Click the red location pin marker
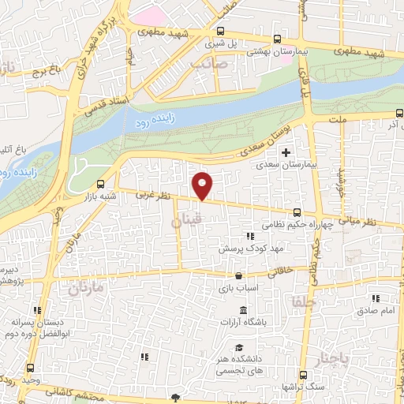click(204, 185)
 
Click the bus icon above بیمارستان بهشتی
click(275, 39)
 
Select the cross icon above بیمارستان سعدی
click(286, 152)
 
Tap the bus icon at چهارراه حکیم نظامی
click(297, 211)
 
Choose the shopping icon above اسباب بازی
click(238, 276)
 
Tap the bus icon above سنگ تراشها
click(302, 375)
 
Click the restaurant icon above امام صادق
click(376, 298)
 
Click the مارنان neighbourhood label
click(86, 289)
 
